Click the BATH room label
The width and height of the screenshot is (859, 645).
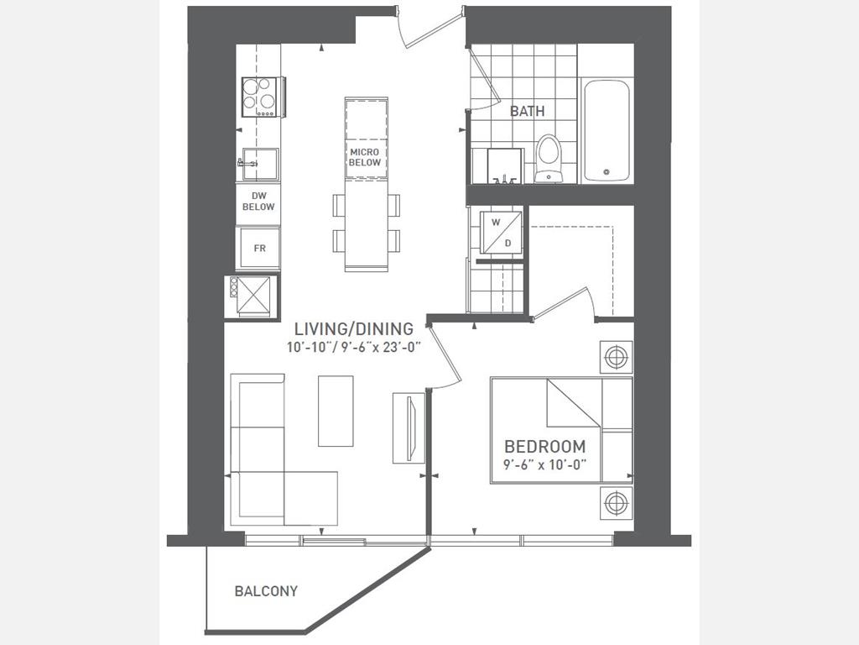[x=527, y=112]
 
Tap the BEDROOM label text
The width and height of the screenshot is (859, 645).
[x=545, y=447]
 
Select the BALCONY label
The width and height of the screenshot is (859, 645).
[x=266, y=591]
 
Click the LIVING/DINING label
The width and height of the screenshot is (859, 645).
[x=354, y=329]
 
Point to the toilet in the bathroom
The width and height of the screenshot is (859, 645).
[x=549, y=158]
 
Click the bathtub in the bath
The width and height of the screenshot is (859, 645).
[x=607, y=130]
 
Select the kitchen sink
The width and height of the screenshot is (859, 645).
[x=258, y=164]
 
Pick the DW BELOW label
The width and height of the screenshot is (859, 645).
[x=258, y=202]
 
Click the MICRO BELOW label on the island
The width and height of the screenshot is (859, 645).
[x=365, y=157]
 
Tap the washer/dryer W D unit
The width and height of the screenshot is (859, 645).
[x=501, y=232]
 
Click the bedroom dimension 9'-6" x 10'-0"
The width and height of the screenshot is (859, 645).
[x=545, y=464]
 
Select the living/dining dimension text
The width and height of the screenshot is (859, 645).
[x=354, y=348]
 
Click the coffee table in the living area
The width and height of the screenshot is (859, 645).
[x=336, y=411]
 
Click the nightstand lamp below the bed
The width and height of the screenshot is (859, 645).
[x=616, y=502]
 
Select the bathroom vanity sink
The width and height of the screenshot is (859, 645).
[x=504, y=165]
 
